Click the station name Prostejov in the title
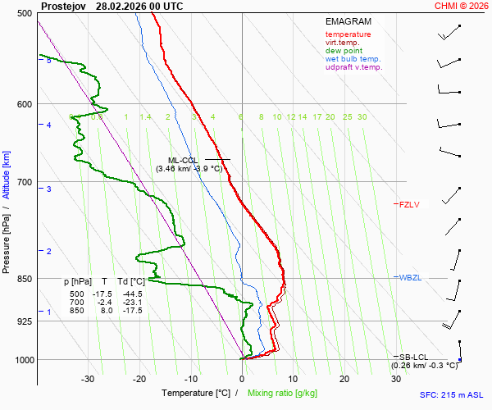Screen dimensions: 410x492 [x=63, y=6]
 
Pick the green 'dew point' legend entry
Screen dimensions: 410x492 [x=344, y=51]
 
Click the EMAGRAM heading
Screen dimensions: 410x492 [x=348, y=21]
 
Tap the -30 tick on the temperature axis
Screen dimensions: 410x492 [x=88, y=379]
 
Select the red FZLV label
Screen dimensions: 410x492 [x=409, y=204]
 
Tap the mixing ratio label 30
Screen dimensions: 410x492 [x=362, y=117]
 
